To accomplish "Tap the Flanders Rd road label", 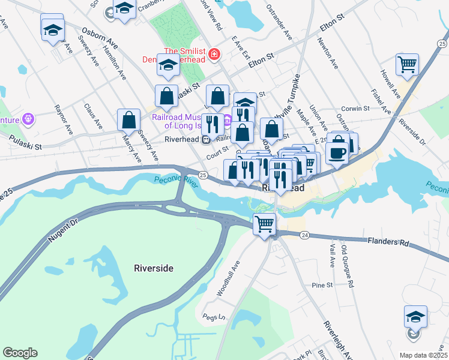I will click(x=388, y=242).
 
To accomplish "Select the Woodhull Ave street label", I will click(x=228, y=278).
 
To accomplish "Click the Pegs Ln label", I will click(x=213, y=317).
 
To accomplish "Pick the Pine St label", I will click(x=322, y=285).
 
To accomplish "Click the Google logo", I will click(x=20, y=353).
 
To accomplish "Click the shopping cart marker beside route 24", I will click(x=264, y=225).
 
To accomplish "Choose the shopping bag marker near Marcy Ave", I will click(x=129, y=120).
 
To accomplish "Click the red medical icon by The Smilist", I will click(x=214, y=56).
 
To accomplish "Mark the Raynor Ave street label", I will click(x=64, y=121).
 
